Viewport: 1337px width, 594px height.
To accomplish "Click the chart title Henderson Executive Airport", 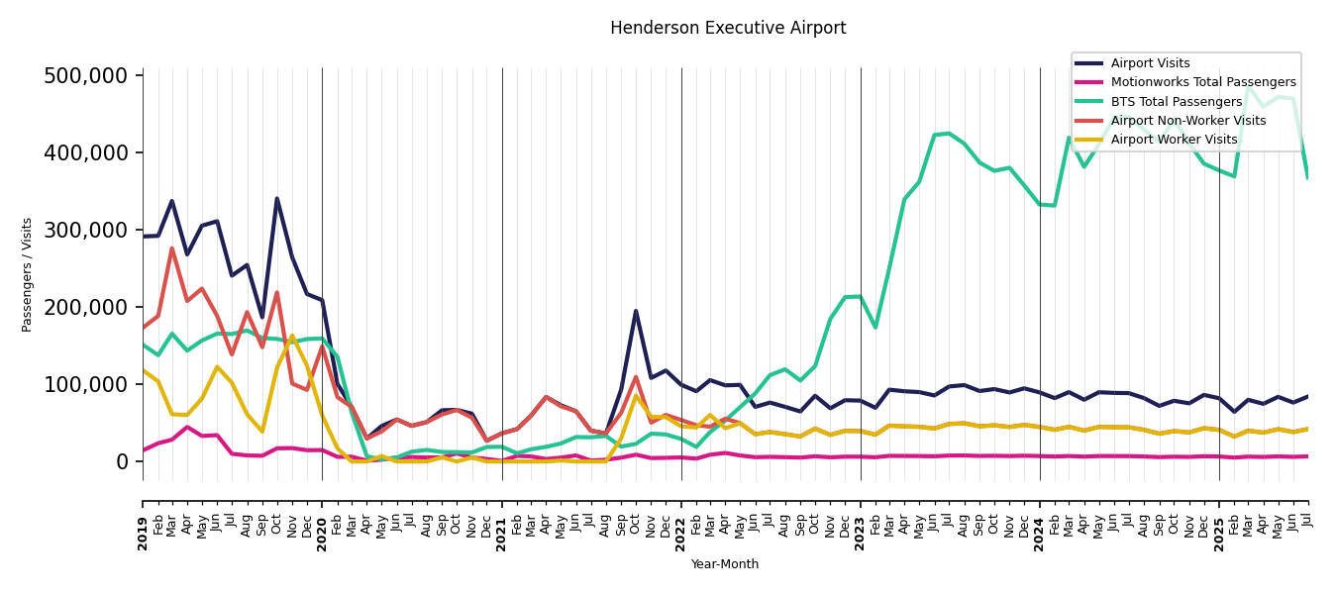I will [728, 28].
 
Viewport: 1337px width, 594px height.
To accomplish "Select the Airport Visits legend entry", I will [1150, 63].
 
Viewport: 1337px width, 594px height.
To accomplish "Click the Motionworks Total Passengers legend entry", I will [1202, 82].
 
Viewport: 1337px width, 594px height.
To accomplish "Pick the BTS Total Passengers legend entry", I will [1176, 102].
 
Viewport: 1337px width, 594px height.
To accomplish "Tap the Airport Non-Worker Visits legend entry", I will [1187, 121].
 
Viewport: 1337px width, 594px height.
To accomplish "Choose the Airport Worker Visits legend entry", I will [1174, 140].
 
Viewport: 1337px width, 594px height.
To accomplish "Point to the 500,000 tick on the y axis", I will [86, 76].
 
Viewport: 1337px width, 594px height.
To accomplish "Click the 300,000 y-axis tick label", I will [86, 230].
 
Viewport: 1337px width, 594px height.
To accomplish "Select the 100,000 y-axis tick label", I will [86, 384].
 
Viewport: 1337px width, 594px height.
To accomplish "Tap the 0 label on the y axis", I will [122, 461].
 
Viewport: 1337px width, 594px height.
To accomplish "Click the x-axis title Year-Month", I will [725, 564].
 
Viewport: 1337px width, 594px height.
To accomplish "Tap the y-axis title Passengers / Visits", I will [28, 274].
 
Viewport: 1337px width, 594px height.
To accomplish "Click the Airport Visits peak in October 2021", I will [636, 311].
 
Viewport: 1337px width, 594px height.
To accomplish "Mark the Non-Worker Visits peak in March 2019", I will [171, 248].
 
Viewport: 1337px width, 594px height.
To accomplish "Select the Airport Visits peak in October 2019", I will [277, 198].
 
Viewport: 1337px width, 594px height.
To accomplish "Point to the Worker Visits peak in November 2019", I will [292, 337].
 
